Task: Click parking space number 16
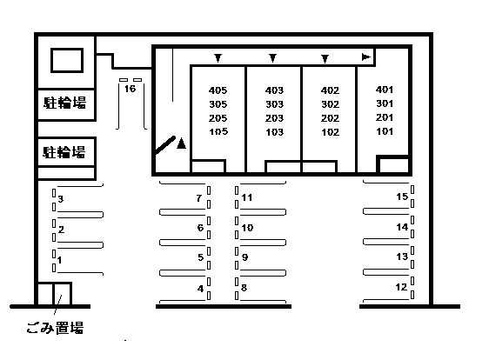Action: pos(130,89)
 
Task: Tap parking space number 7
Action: pos(199,198)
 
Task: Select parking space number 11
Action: pos(247,197)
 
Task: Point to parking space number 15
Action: pos(402,197)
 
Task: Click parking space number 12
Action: pos(401,287)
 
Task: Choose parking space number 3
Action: pos(61,198)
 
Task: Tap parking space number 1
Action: pos(59,260)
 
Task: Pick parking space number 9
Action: pos(244,257)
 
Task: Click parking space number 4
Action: pos(200,289)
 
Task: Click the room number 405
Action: pos(218,90)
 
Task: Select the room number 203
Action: pos(274,118)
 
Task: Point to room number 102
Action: pos(330,132)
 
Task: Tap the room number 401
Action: pos(385,90)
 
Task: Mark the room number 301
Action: pos(385,103)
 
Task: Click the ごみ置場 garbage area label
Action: pos(55,328)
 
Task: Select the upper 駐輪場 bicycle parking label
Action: pos(64,103)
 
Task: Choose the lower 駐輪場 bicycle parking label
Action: pos(64,152)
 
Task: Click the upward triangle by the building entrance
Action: pos(181,143)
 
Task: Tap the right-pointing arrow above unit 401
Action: pos(365,57)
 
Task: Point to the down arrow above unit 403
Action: pos(272,58)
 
